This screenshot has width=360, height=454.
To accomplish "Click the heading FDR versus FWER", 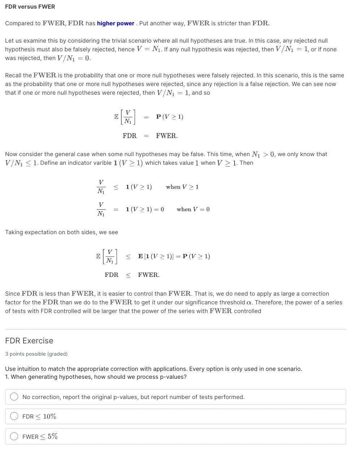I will click(30, 7).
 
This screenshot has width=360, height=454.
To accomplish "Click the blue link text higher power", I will click(116, 23).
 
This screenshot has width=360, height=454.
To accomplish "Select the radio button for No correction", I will click(14, 397).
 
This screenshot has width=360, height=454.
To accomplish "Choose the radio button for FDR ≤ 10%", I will click(14, 416).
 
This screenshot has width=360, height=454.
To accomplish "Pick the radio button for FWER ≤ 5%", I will click(14, 436).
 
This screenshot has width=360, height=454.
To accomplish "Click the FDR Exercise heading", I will click(29, 340).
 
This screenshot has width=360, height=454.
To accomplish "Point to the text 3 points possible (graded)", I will click(36, 354).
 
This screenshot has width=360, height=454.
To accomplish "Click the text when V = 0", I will click(193, 209).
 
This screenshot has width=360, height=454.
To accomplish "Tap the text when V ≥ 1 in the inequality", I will click(182, 187).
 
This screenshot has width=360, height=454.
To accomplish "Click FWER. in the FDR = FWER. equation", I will click(167, 136).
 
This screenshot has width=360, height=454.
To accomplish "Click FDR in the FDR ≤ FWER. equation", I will click(112, 275).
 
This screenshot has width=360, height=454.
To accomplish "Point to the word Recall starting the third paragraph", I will click(13, 76).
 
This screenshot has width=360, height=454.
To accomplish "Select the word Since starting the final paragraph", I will click(13, 294).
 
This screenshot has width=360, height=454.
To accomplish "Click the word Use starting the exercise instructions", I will click(10, 369).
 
